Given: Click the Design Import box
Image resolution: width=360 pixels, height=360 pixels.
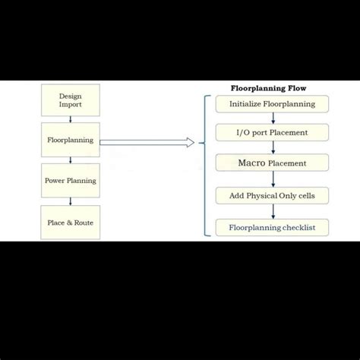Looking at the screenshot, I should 71,100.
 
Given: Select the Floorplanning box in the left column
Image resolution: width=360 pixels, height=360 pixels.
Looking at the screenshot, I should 71,141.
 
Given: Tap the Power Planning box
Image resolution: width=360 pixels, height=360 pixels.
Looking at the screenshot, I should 71,181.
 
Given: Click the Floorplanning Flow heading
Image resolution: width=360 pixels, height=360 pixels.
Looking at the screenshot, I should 268,88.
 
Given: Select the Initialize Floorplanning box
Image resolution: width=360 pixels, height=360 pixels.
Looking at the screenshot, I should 272,103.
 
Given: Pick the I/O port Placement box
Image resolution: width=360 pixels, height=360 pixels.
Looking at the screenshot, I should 272,133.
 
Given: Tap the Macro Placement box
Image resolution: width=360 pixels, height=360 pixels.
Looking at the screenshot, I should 272,163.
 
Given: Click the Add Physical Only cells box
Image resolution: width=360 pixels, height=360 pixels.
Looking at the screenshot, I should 272,196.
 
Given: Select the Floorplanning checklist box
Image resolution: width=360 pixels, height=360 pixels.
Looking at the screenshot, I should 272,227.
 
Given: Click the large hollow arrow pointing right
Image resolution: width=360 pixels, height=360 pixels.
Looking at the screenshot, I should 147,142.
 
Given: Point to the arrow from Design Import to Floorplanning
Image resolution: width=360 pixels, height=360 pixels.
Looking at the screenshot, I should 71,119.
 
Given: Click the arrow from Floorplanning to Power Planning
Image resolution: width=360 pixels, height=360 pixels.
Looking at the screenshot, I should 71,160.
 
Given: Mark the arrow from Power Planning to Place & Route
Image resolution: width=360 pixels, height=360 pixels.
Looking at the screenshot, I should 71,201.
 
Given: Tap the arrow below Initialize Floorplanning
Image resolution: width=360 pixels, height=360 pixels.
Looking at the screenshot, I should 273,118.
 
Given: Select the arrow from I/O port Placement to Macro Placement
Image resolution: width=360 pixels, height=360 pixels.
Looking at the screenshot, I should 273,147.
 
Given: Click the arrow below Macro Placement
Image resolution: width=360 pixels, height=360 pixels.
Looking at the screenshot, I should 273,179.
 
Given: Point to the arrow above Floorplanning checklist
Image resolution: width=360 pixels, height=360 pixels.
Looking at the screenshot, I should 273,212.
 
